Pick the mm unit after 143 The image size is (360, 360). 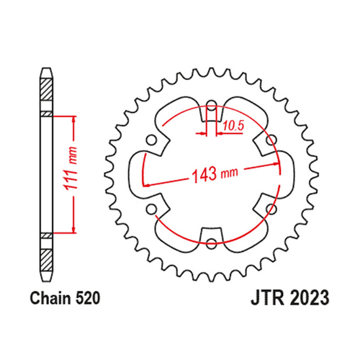tap(229, 174)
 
